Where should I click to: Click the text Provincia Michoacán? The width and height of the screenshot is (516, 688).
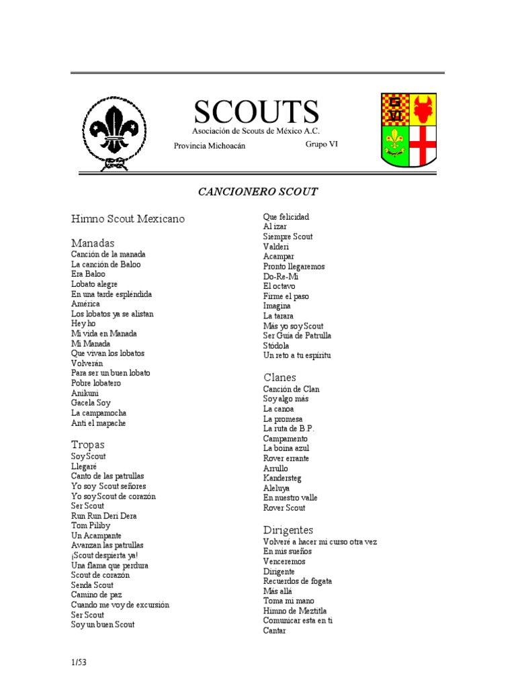[205, 146]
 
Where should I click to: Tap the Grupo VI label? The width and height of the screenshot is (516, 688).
[322, 144]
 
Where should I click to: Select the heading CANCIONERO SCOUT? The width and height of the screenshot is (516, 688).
[257, 191]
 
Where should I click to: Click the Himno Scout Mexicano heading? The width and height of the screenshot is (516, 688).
[128, 219]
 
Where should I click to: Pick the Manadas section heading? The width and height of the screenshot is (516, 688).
[93, 243]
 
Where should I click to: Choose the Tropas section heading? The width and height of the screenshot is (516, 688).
[88, 445]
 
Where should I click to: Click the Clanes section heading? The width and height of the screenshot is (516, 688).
[279, 378]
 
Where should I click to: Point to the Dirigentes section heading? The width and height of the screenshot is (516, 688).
[288, 530]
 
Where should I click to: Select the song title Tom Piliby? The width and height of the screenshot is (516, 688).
[91, 525]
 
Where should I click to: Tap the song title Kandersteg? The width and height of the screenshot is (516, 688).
[282, 478]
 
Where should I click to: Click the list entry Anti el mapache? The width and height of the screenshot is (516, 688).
[98, 423]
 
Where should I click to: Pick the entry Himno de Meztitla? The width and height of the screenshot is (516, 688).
[295, 611]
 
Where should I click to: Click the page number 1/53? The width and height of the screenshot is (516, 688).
[79, 662]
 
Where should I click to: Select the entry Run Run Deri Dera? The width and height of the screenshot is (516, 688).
[103, 515]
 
